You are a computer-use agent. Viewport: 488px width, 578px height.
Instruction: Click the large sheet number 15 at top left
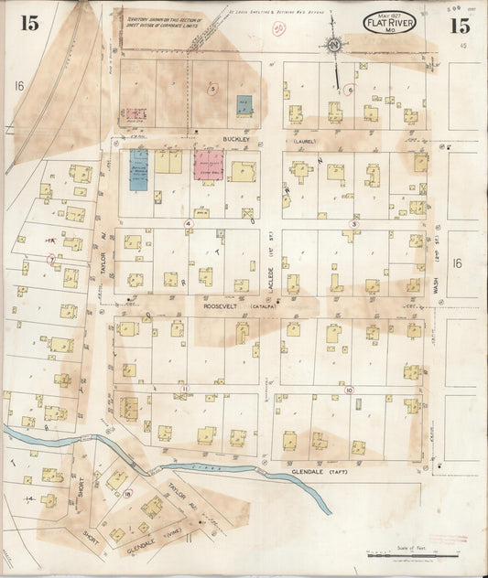point(30,24)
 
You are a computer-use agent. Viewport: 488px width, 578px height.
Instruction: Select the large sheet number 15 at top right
point(459,25)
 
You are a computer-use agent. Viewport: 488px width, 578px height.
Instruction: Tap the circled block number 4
point(189,223)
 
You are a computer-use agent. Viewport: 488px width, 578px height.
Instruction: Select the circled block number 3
point(353,223)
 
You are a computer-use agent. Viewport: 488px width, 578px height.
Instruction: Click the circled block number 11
point(184,389)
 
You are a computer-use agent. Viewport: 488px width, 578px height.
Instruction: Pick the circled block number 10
point(349,390)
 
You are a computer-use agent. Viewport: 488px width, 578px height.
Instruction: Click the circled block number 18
point(128,494)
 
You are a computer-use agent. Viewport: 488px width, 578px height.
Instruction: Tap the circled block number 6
point(349,91)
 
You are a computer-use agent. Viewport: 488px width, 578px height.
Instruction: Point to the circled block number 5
point(212,90)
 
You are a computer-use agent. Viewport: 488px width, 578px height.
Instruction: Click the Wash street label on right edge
point(437,293)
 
